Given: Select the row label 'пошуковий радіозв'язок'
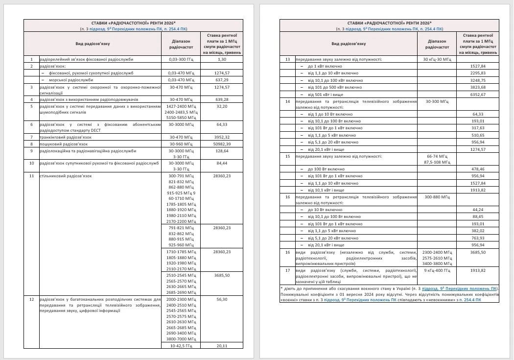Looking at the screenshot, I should [x=64, y=144].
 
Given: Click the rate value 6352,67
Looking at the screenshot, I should [x=477, y=95].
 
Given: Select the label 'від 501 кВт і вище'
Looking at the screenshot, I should [x=326, y=95].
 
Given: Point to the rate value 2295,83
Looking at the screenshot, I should [x=477, y=73].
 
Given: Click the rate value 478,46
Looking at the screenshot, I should [x=477, y=168].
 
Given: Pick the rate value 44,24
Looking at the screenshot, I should [x=477, y=209].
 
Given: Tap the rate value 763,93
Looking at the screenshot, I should [x=477, y=238].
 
